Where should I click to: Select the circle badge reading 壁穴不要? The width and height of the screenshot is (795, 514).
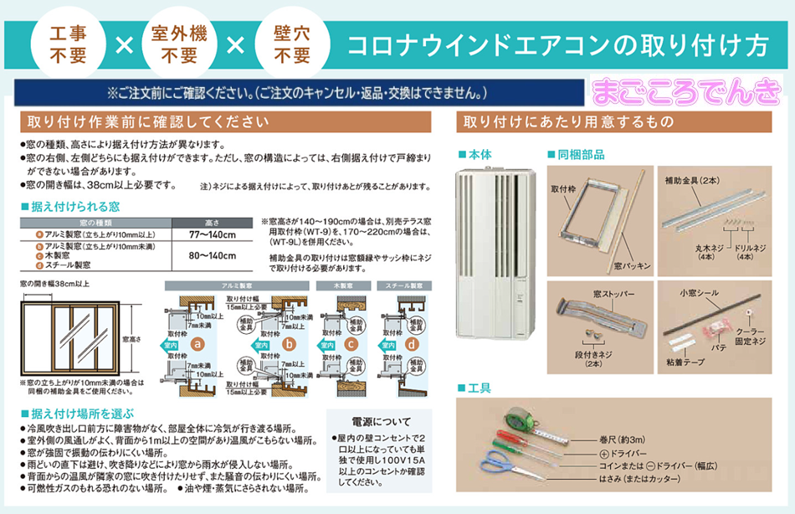point(292,44)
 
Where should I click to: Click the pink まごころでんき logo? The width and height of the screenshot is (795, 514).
point(686,93)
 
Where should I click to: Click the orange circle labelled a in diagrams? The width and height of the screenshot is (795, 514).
point(198,344)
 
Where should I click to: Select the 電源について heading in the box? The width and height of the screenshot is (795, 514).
point(377,421)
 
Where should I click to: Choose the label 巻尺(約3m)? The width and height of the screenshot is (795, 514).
point(621,439)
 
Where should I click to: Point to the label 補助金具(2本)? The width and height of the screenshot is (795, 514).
point(691,180)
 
